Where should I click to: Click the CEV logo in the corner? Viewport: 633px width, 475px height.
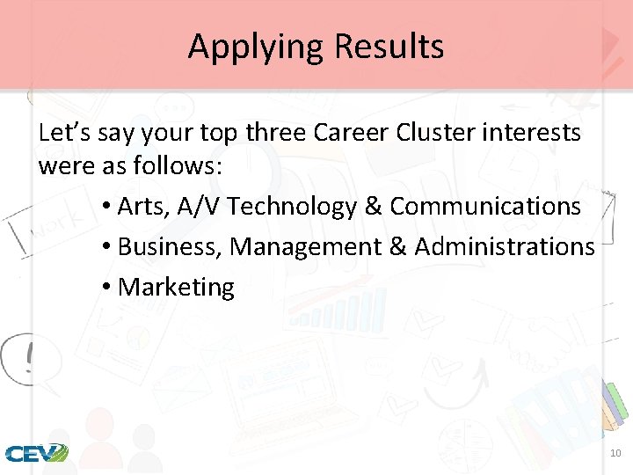(36, 454)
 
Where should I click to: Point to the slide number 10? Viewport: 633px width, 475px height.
(615, 453)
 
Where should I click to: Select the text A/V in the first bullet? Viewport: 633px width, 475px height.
(200, 207)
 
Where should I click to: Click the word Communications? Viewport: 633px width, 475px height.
(485, 207)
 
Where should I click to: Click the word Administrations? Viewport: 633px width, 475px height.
(505, 247)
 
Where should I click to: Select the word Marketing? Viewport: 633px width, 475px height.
(176, 288)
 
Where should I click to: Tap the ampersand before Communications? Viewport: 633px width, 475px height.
(373, 207)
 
